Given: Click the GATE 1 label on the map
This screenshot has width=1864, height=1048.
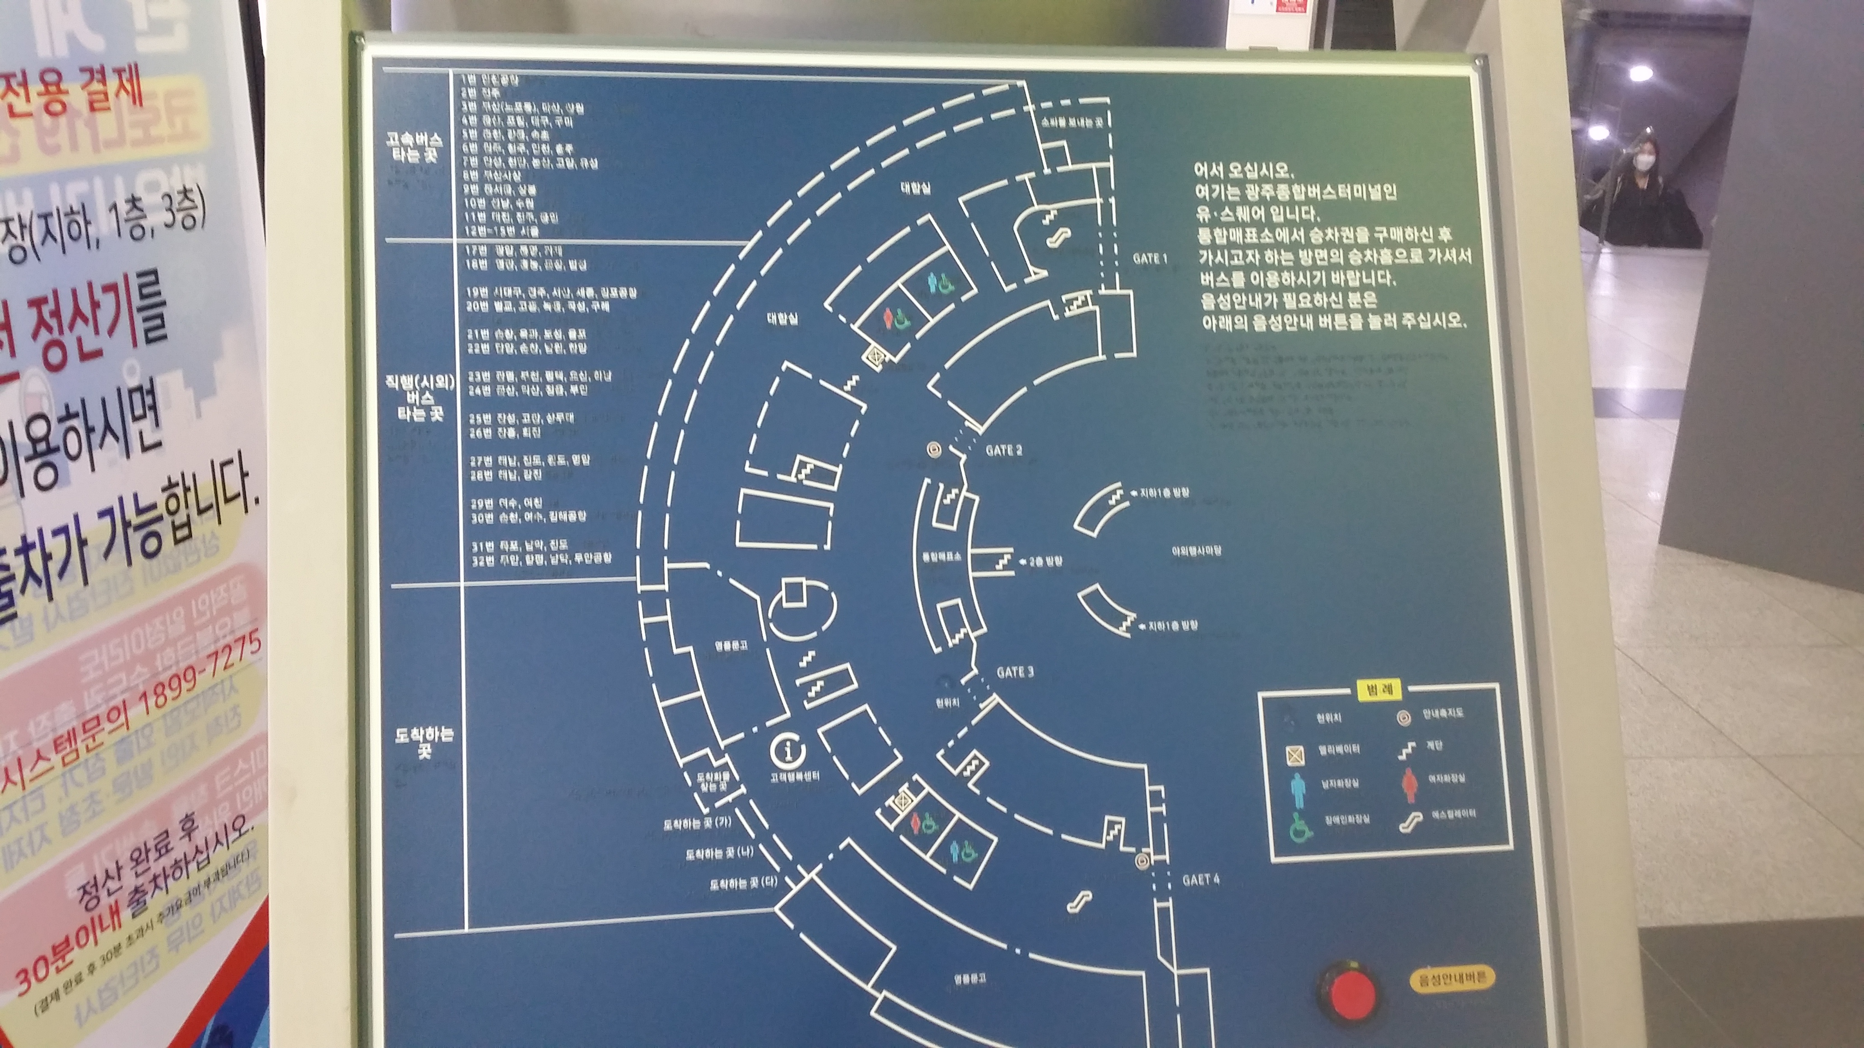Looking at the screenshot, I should pos(1150,258).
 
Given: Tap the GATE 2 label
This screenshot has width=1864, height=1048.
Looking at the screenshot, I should pos(1004,450).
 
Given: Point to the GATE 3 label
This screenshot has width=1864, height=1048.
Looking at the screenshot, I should pos(1015,672).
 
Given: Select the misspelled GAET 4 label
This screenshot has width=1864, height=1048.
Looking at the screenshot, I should pos(1201,880).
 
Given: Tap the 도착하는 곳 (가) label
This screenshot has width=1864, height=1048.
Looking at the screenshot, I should pos(698,824).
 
